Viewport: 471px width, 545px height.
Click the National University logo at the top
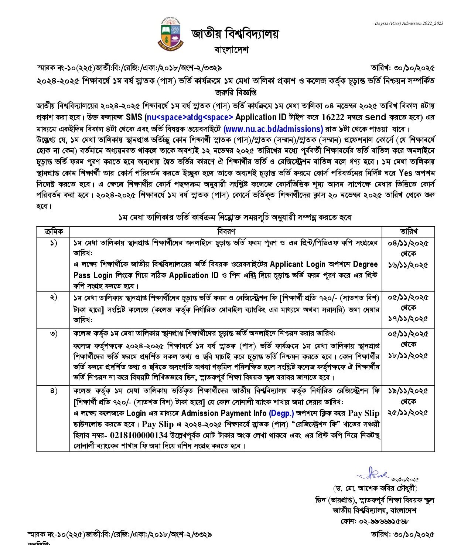pyautogui.click(x=172, y=34)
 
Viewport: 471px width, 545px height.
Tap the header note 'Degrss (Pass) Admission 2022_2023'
pyautogui.click(x=409, y=23)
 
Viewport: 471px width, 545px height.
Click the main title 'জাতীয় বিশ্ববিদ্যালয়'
pyautogui.click(x=235, y=34)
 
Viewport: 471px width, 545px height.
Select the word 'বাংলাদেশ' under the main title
pyautogui.click(x=232, y=49)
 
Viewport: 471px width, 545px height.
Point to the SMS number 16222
pyautogui.click(x=333, y=118)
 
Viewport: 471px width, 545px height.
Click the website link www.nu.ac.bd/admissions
pyautogui.click(x=273, y=129)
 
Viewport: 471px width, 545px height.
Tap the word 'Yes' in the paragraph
pyautogui.click(x=406, y=173)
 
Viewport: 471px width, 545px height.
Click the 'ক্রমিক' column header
pyautogui.click(x=53, y=231)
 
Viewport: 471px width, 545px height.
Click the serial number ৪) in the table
pyautogui.click(x=54, y=391)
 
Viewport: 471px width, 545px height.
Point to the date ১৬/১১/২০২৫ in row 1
pyautogui.click(x=408, y=265)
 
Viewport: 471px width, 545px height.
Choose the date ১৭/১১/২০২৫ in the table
pyautogui.click(x=408, y=319)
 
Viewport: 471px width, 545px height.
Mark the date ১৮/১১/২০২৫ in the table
pyautogui.click(x=408, y=356)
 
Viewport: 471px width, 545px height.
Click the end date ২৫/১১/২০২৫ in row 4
pyautogui.click(x=408, y=413)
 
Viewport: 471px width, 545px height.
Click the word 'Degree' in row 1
pyautogui.click(x=365, y=264)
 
